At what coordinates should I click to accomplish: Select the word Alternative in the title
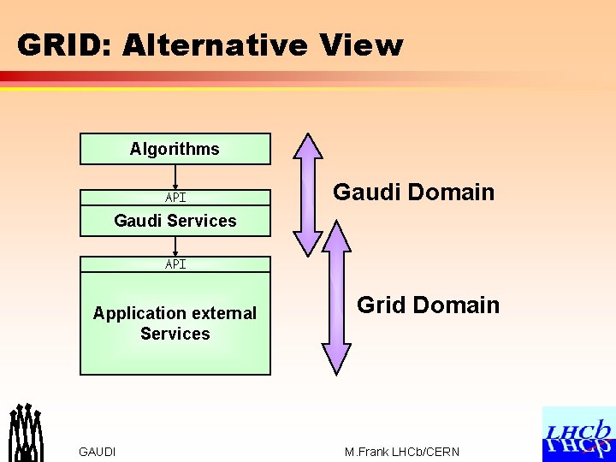214,45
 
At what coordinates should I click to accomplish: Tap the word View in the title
360,45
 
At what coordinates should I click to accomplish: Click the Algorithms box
175,149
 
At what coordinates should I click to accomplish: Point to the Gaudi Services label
175,221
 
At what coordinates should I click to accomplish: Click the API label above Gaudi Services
175,198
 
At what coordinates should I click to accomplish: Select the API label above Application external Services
175,264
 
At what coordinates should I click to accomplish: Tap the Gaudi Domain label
413,192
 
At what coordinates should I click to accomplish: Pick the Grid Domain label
428,305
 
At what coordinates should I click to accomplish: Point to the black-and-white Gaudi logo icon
26,431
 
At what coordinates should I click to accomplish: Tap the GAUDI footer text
97,452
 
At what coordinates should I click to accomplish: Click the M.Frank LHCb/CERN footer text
401,452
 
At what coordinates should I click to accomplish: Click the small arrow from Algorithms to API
175,176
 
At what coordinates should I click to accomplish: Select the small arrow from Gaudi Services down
175,245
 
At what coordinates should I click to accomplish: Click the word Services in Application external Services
175,334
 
